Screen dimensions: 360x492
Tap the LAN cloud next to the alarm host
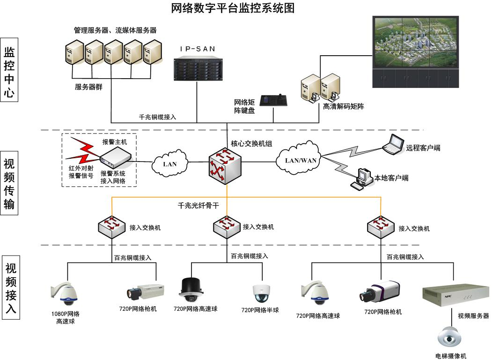(x=170, y=164)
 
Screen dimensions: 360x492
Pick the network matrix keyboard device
(x=273, y=101)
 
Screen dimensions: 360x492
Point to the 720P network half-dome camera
(x=262, y=293)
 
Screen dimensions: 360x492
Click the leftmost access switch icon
(x=111, y=226)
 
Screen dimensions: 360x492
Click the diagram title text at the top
(x=233, y=8)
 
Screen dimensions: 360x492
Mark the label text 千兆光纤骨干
(x=198, y=205)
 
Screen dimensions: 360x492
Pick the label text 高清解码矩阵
(x=344, y=107)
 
